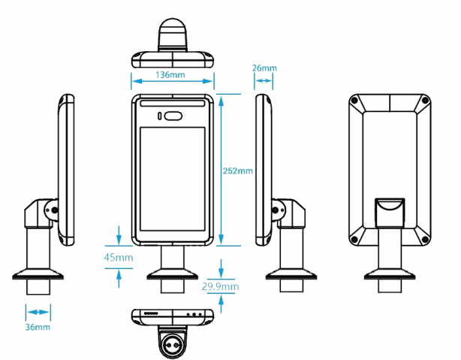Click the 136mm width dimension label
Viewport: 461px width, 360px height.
coord(172,75)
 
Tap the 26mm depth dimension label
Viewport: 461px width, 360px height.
coord(264,68)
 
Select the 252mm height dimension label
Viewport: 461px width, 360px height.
coord(238,171)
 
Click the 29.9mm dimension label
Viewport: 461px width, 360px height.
coord(221,286)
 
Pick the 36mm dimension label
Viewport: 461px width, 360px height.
coord(38,327)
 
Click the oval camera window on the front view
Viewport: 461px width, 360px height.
coord(174,116)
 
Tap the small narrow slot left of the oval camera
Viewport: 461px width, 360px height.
coord(160,116)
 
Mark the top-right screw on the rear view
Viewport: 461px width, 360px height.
coord(425,101)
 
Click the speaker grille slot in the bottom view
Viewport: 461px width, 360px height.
coord(150,313)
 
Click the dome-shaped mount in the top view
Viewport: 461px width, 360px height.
coord(173,37)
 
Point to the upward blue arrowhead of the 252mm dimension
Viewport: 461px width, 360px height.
coord(222,97)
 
